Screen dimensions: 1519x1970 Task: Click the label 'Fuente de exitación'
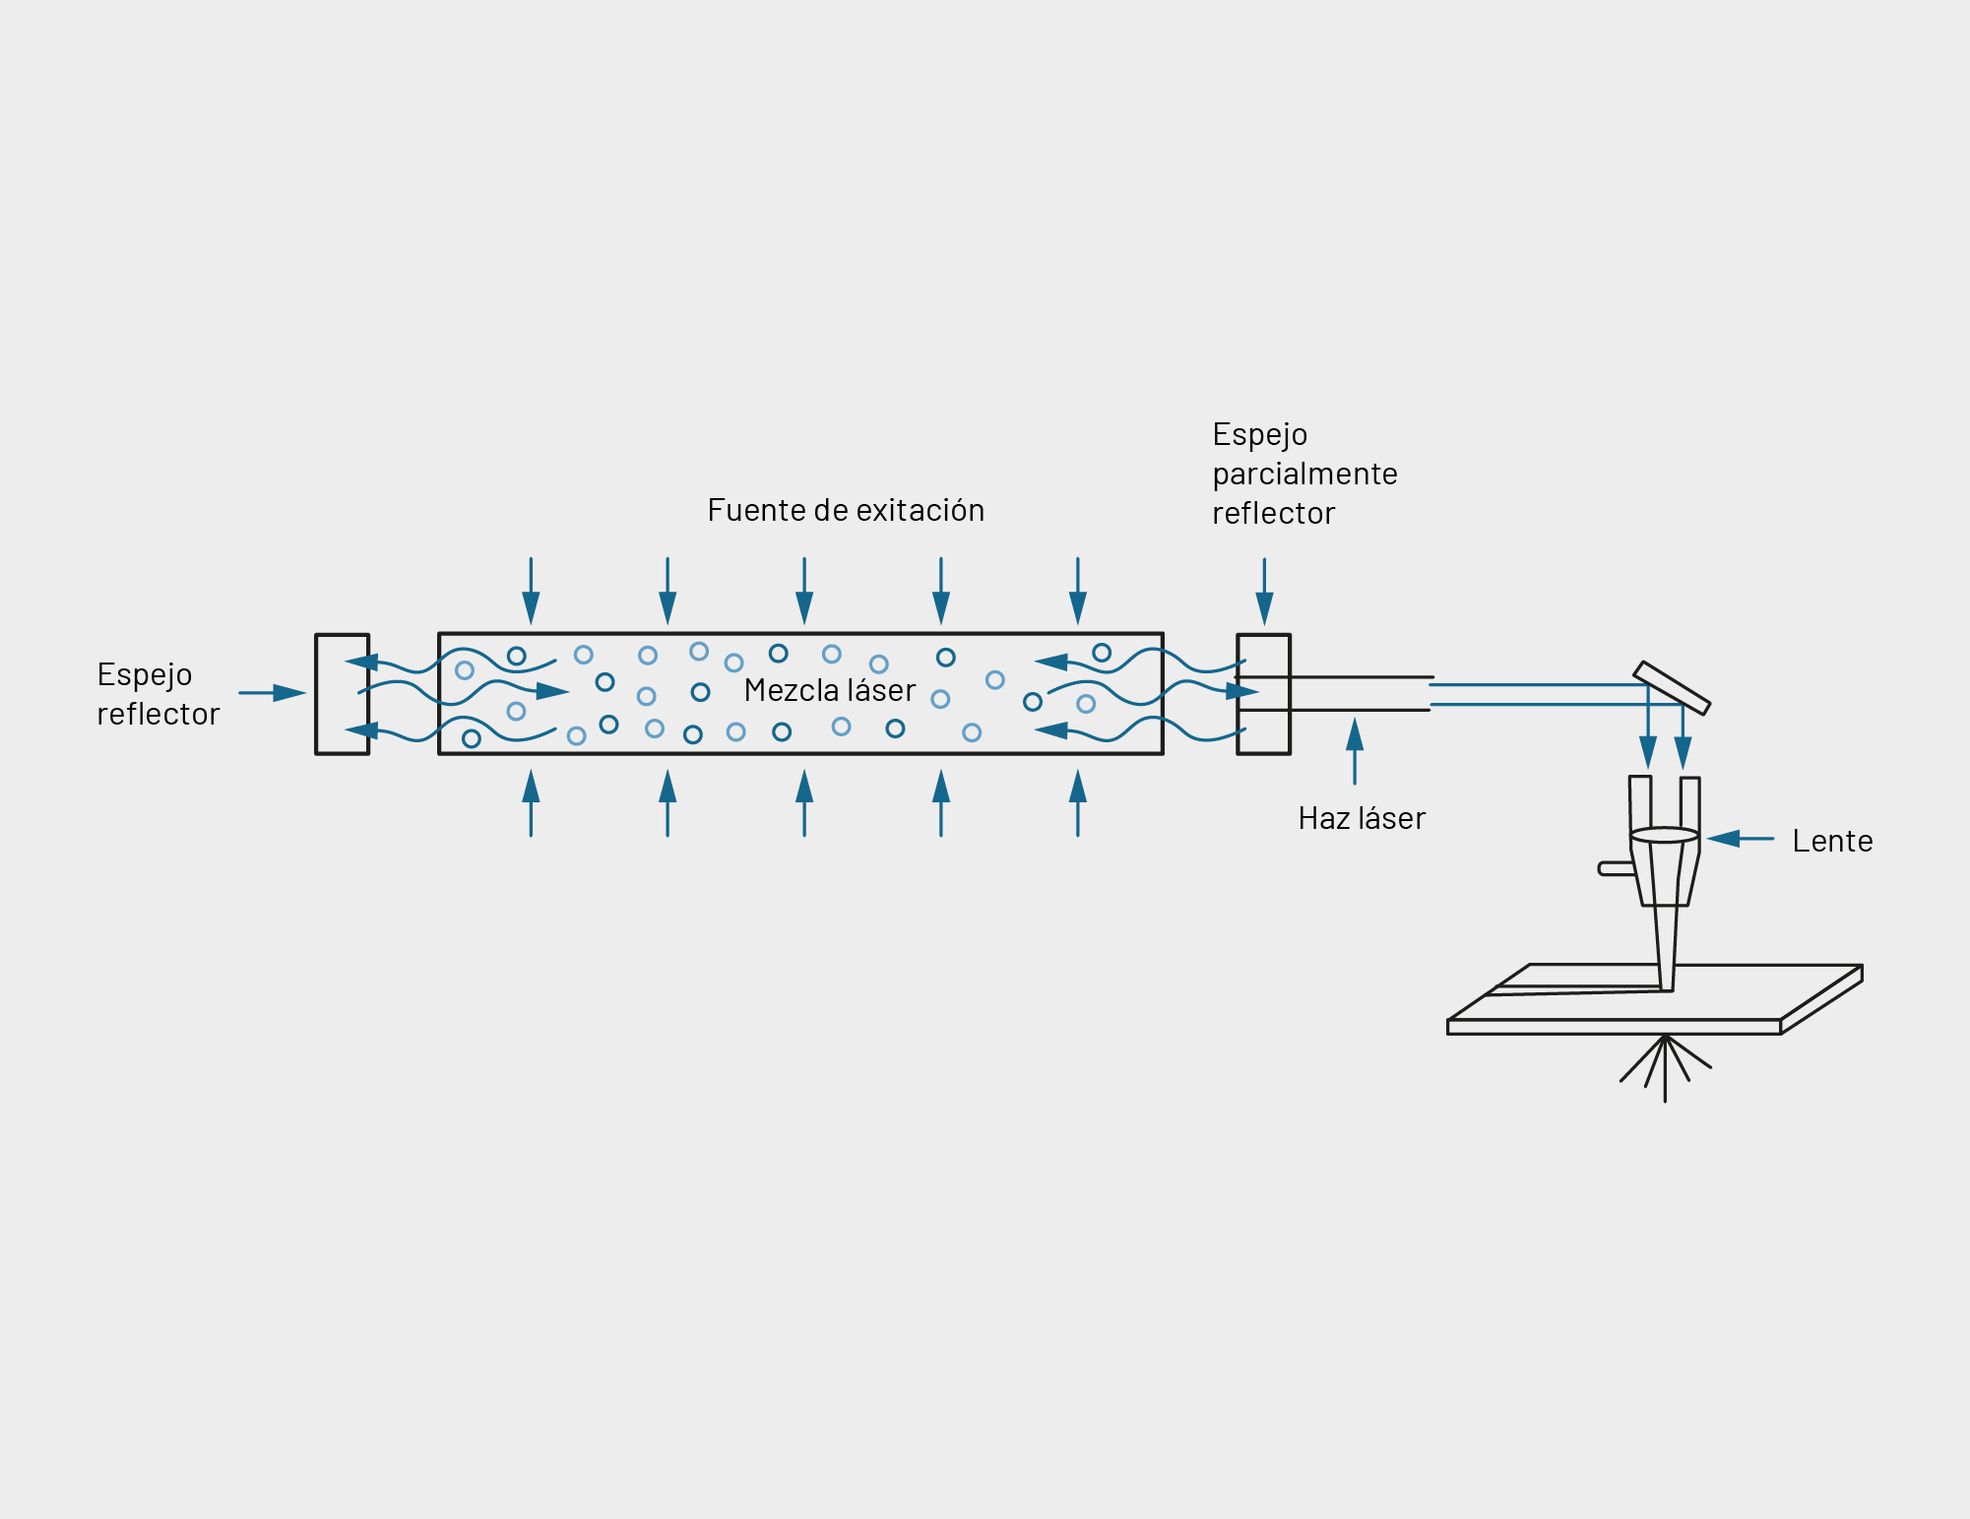[845, 510]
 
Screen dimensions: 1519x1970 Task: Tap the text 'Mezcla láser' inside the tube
[829, 690]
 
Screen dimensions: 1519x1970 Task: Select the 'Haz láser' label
[1361, 818]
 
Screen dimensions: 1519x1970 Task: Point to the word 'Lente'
[1831, 841]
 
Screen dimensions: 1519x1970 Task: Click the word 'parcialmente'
[1304, 474]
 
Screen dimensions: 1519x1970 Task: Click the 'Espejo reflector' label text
[158, 694]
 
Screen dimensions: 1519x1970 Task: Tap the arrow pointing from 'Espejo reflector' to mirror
[272, 693]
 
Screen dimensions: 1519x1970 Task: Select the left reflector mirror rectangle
[342, 694]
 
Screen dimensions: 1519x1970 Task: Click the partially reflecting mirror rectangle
[1263, 694]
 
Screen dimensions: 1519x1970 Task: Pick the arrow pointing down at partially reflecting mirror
[1264, 592]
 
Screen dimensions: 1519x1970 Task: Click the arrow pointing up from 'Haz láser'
[1355, 750]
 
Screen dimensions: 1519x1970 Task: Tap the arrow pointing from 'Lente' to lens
[1740, 839]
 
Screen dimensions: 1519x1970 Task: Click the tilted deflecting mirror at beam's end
[1672, 687]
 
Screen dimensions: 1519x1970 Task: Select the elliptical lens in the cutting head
[1664, 836]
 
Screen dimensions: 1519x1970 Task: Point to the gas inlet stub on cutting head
[1615, 868]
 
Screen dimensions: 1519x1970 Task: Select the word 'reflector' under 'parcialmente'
[1273, 513]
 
